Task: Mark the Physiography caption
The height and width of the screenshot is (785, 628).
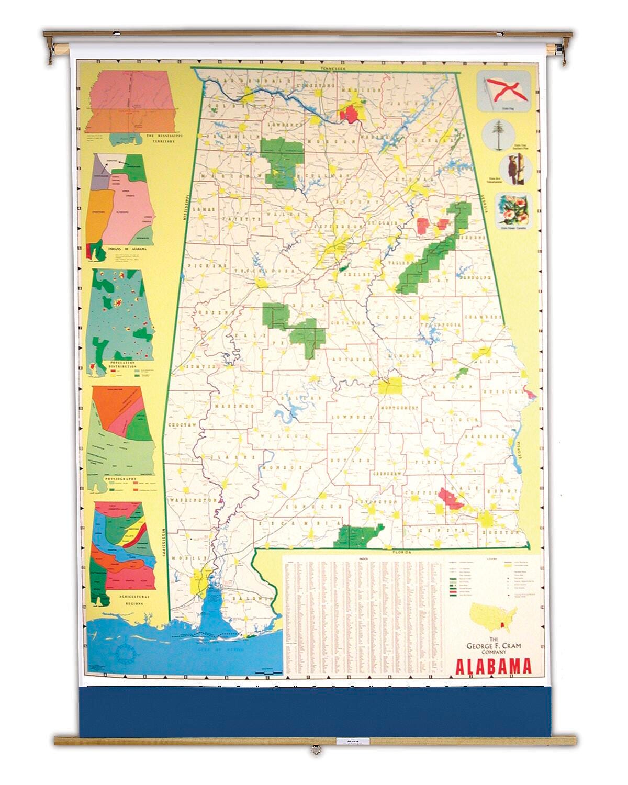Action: (120, 479)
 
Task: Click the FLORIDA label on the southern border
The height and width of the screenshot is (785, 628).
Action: (402, 552)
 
